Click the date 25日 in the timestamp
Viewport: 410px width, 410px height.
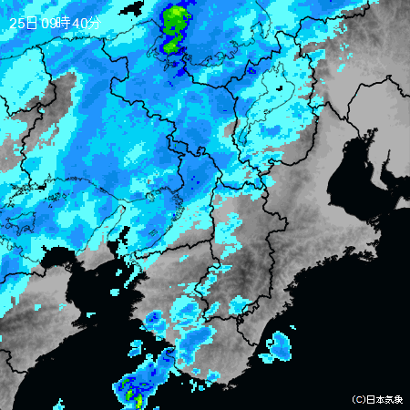click(24, 21)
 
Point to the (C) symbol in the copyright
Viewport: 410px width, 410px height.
click(358, 399)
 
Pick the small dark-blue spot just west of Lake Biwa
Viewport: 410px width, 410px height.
click(251, 69)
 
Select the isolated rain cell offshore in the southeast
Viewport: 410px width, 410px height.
click(278, 345)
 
